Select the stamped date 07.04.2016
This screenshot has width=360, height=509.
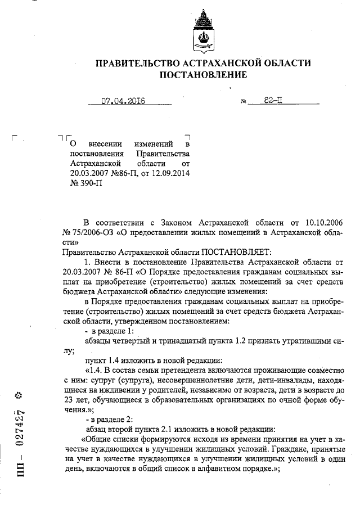point(123,101)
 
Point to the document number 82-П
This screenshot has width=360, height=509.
point(274,101)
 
